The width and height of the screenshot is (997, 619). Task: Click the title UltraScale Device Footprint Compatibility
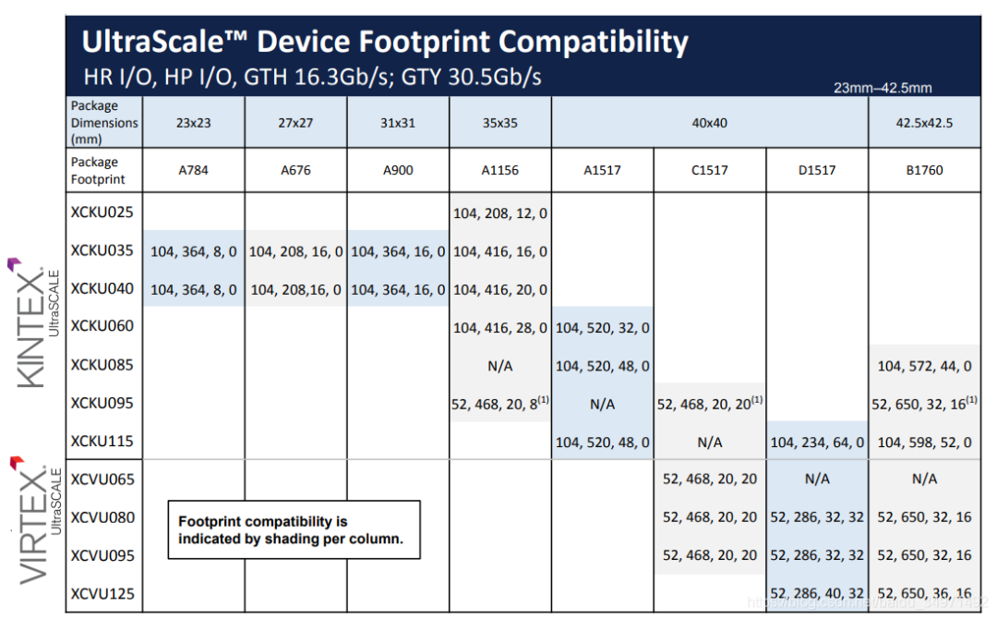tap(385, 42)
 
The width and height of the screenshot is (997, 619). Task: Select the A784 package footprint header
tap(193, 170)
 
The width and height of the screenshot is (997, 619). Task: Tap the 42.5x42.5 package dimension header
tap(924, 122)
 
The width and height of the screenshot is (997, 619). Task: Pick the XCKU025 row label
tap(102, 212)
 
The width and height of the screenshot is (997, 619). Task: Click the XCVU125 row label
tap(102, 593)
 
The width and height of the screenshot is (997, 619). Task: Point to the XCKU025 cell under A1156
tap(500, 212)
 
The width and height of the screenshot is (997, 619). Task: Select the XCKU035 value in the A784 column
tap(193, 250)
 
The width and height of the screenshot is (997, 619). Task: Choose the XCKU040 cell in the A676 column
tap(295, 289)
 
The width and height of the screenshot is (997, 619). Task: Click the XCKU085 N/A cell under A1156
tap(500, 366)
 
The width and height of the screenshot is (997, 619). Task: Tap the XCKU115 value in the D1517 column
tap(817, 442)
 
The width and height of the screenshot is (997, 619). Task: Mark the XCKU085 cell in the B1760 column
tap(924, 366)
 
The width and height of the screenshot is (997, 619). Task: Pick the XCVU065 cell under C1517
tap(710, 479)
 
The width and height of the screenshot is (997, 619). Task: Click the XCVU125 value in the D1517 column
tap(817, 593)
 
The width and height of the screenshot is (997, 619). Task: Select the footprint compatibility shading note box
tap(293, 529)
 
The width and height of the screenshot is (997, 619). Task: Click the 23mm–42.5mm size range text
tap(882, 88)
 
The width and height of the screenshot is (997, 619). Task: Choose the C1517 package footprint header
tap(710, 170)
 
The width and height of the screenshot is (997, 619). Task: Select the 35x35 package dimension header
tap(500, 122)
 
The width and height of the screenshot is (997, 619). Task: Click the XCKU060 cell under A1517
tap(603, 327)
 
